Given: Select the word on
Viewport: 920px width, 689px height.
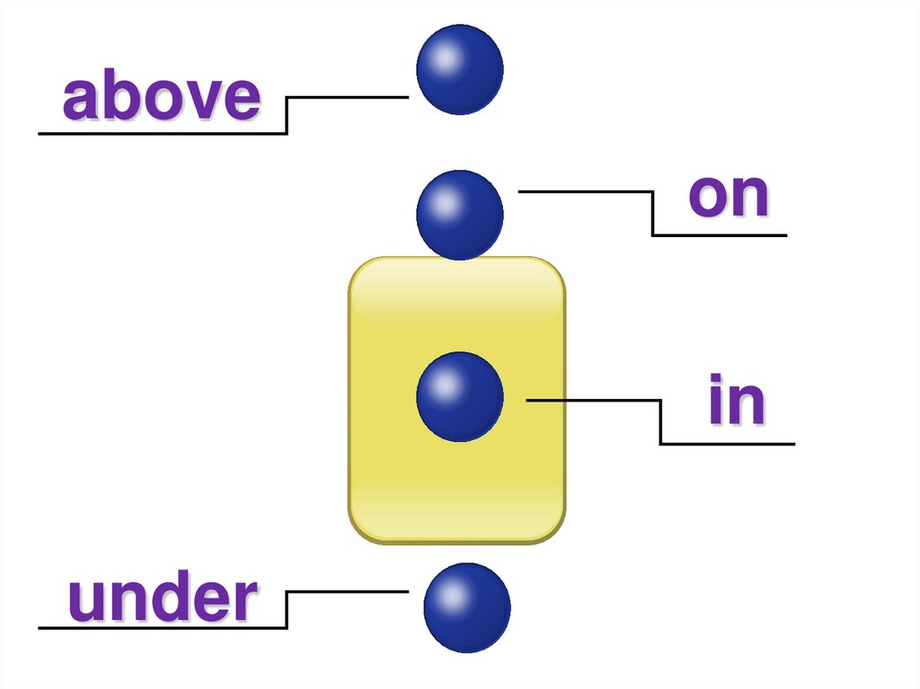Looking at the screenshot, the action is pos(729,195).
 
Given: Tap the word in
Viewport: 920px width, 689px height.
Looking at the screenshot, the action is pos(736,402).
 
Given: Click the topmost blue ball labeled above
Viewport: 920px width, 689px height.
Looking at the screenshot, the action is pos(459,70).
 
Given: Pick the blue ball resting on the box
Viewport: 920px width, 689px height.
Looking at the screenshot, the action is pos(459,215).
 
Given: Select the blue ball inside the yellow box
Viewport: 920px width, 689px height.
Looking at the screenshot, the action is pos(459,396).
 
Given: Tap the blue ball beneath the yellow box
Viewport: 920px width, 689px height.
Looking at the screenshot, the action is pos(466,607).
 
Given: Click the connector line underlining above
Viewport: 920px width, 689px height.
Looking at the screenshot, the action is pos(162,134).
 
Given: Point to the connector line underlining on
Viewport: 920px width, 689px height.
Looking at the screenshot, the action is pos(719,235).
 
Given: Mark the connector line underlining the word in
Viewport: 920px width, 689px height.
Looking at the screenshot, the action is pos(728,444).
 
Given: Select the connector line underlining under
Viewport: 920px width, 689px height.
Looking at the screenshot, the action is pos(162,627).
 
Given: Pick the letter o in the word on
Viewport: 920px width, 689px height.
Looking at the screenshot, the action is pos(707,199).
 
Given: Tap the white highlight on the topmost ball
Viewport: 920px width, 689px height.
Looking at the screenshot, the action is pos(445,57).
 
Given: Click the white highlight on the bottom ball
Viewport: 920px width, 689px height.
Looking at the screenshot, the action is pos(452,594).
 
